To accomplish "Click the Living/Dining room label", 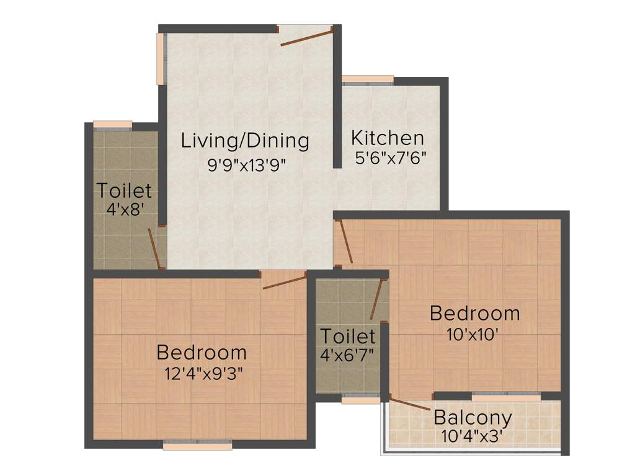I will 244,141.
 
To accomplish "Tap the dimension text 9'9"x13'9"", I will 247,164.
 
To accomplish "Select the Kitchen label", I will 388,138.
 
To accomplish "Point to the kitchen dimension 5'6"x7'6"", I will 391,158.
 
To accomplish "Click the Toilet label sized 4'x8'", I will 124,190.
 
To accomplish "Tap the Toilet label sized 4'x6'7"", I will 347,337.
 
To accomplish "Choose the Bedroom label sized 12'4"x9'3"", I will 202,353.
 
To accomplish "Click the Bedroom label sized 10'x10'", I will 474,313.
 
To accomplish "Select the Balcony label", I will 473,418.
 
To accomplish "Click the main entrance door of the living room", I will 306,37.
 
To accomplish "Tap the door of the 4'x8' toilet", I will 155,249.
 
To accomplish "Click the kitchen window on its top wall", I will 368,79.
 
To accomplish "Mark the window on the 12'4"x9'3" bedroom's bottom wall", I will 197,444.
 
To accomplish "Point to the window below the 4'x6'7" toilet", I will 360,400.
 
